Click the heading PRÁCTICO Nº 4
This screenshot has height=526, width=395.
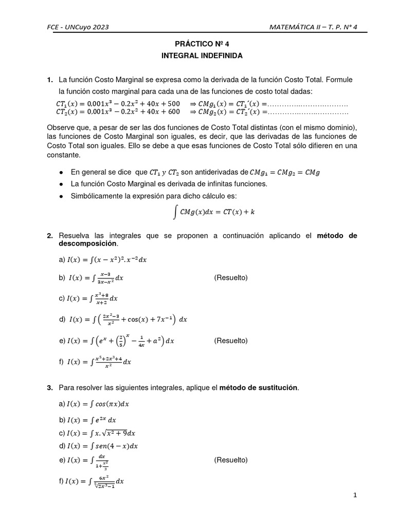coord(198,45)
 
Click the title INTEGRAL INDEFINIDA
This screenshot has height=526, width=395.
coord(198,55)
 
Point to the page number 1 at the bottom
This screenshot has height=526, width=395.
coord(355,495)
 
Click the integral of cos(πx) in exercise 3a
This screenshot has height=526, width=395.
coord(98,404)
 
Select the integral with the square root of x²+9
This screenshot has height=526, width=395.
coord(100,433)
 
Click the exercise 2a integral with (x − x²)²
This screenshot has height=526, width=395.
coord(103,260)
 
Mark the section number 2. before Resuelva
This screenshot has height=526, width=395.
coord(50,236)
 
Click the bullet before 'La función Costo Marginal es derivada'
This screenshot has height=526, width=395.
coord(62,184)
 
